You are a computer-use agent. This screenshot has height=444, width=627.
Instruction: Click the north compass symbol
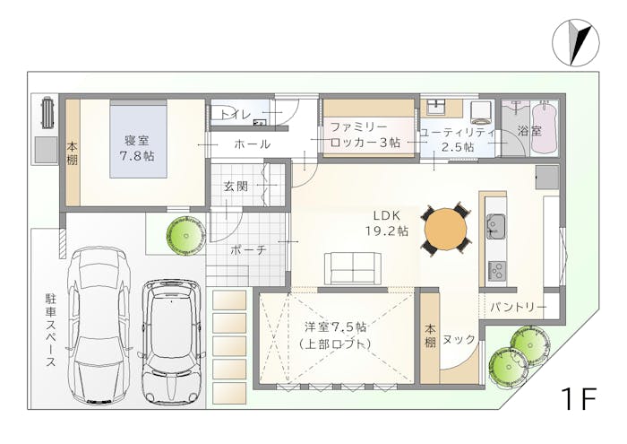pyautogui.click(x=575, y=42)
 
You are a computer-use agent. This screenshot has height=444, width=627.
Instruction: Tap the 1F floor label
pyautogui.click(x=579, y=397)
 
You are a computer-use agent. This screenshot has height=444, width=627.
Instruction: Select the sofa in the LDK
pyautogui.click(x=352, y=268)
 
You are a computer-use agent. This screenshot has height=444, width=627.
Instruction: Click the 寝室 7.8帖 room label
pyautogui.click(x=137, y=148)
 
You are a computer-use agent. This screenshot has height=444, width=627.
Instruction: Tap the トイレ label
pyautogui.click(x=236, y=115)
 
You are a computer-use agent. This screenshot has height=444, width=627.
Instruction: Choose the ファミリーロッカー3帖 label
pyautogui.click(x=365, y=135)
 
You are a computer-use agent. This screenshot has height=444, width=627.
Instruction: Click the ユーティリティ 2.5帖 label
pyautogui.click(x=457, y=139)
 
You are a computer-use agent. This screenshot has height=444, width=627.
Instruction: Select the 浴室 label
pyautogui.click(x=529, y=131)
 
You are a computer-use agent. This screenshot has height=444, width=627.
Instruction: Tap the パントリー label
pyautogui.click(x=518, y=308)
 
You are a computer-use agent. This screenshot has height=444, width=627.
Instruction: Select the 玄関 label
pyautogui.click(x=236, y=187)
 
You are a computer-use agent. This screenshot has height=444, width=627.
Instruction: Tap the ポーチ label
pyautogui.click(x=248, y=250)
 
